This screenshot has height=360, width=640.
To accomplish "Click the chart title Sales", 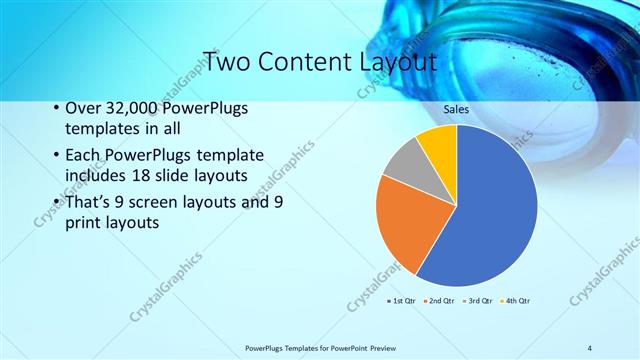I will (x=456, y=110).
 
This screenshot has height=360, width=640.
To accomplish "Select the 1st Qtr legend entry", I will (x=400, y=300).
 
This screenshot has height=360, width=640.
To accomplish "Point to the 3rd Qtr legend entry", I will (x=476, y=300).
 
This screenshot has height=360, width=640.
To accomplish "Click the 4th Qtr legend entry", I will (x=514, y=300).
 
